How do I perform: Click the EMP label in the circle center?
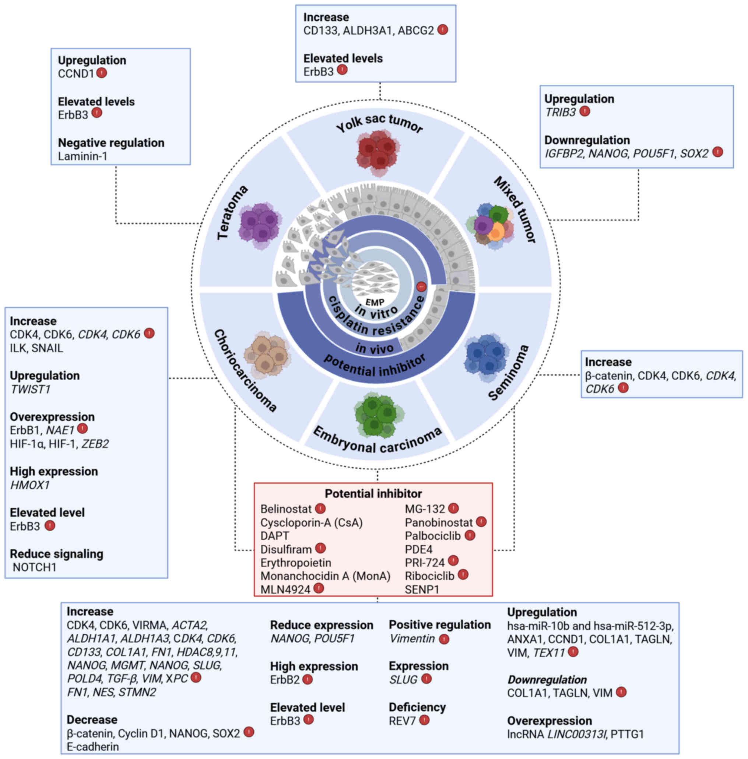pos(375,302)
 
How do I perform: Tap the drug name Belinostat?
pos(285,509)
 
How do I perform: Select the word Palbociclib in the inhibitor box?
pos(432,536)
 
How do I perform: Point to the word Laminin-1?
pos(82,156)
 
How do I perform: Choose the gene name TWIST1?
pos(30,389)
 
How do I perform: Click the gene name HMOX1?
pos(30,485)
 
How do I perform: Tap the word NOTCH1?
pos(35,567)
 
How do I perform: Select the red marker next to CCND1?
pos(102,73)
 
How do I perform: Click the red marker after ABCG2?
pos(443,29)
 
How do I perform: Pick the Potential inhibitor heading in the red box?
pos(373,493)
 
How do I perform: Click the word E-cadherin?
pos(93,747)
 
